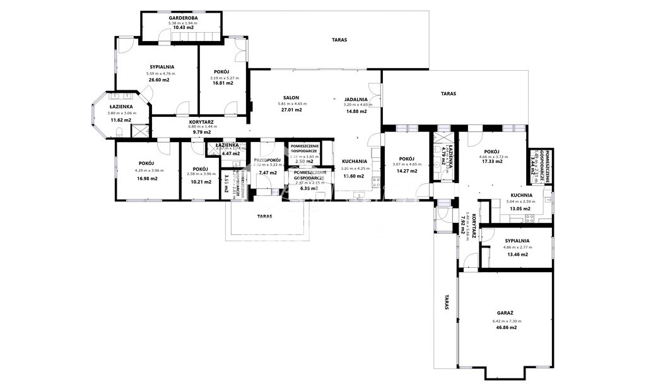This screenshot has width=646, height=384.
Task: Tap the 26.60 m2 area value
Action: coord(158,80)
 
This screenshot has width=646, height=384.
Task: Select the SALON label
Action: coord(291,98)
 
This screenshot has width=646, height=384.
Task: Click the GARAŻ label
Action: coord(505,313)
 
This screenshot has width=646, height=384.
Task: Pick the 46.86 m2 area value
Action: coord(505,328)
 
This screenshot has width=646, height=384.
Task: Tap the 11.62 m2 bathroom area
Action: coord(120,120)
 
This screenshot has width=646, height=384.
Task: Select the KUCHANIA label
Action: coord(354,161)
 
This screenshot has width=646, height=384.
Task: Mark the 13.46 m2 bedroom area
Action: coord(517,255)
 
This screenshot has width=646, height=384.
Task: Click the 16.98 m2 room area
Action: coord(146,179)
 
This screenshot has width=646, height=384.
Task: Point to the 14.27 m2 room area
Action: coord(408,171)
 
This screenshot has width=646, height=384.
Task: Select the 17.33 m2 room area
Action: coord(491,162)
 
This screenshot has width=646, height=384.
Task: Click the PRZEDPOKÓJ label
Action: coord(267,160)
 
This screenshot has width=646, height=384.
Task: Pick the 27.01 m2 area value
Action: coord(291,110)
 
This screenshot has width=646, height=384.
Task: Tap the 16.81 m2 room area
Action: coord(222,83)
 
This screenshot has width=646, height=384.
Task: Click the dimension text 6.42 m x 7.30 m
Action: coord(505,321)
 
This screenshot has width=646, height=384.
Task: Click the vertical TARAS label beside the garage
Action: coord(446,302)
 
